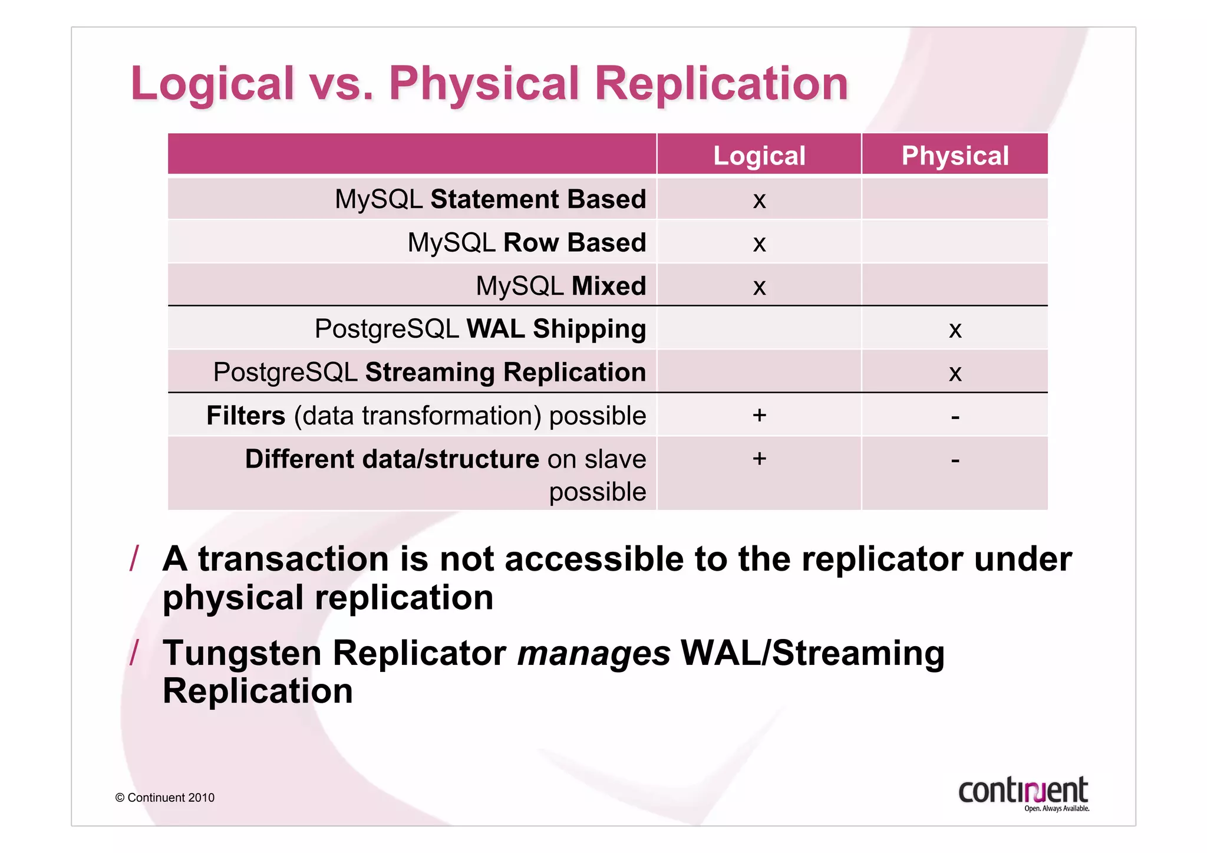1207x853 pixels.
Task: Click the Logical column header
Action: tap(759, 156)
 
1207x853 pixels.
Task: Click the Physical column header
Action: tap(955, 156)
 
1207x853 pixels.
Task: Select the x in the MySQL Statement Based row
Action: tap(759, 200)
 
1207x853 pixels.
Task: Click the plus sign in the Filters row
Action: tap(759, 415)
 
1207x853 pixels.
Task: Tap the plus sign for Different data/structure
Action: tap(759, 459)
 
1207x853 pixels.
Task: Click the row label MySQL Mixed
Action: tap(560, 286)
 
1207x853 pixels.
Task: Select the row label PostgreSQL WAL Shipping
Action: tap(480, 329)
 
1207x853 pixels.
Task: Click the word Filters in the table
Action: tap(246, 416)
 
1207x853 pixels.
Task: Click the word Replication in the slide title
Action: tap(721, 83)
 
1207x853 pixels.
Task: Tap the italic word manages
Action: tap(593, 654)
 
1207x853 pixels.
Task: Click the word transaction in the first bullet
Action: tap(293, 559)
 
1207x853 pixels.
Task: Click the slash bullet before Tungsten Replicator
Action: tap(134, 653)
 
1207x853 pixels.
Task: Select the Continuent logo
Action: tap(1023, 793)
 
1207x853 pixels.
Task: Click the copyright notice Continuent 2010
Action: tap(165, 798)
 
